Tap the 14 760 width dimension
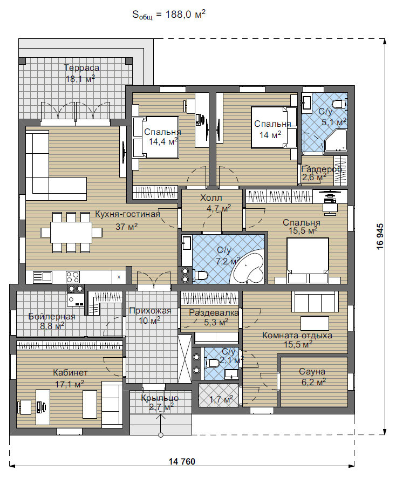(182, 461)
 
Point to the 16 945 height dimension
(380, 237)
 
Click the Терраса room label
(81, 67)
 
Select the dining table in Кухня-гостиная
(71, 232)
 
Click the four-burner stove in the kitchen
(73, 277)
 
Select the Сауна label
(312, 371)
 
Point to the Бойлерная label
(52, 316)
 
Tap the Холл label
(211, 198)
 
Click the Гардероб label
(322, 169)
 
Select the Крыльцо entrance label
(160, 398)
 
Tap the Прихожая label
(150, 311)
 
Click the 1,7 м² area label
(221, 399)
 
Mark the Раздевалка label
(214, 312)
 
